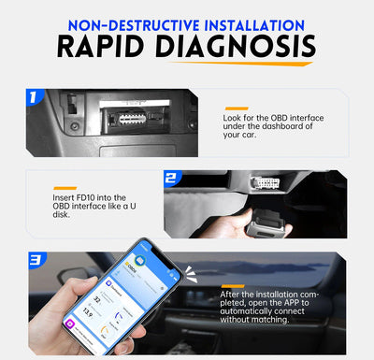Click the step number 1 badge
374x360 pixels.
coord(36,95)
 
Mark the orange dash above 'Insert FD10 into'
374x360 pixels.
coord(65,187)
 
